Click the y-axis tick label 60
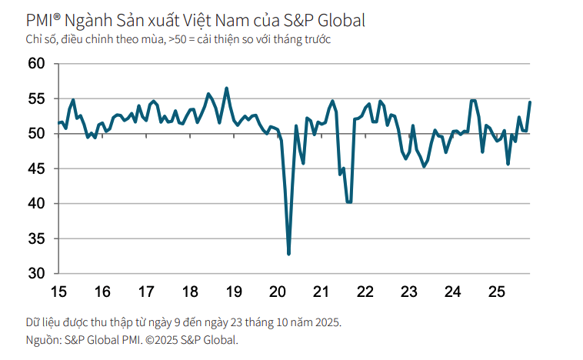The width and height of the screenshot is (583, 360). (37, 64)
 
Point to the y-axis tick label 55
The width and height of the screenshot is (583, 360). (37, 98)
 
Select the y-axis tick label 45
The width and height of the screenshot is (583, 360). (37, 168)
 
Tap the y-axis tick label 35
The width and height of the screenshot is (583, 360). (37, 238)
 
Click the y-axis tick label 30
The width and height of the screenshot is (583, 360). (37, 274)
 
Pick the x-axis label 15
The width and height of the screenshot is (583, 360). (58, 292)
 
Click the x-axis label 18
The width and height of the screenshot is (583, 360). (190, 292)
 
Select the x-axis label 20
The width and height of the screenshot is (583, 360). (278, 292)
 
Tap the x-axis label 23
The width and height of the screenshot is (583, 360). (409, 292)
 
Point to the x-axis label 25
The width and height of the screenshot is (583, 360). (497, 292)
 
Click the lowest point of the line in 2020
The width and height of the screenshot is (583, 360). (288, 254)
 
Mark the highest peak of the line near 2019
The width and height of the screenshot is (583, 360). (226, 88)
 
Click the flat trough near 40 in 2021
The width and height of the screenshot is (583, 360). (349, 202)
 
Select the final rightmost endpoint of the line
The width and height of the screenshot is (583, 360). (530, 102)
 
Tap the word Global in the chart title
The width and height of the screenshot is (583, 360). (339, 21)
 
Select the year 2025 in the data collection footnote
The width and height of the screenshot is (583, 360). (326, 322)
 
